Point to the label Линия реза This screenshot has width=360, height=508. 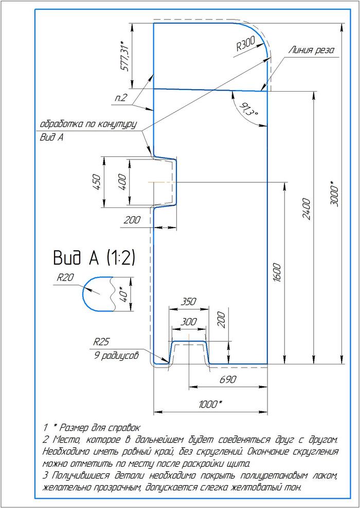coord(311,50)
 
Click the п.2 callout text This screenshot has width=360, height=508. coord(121,98)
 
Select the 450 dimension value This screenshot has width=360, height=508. coord(96,182)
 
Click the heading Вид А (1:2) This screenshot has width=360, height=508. coord(94,257)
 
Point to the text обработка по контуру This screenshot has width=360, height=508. coord(87,125)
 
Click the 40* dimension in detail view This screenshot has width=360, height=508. coord(122,293)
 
